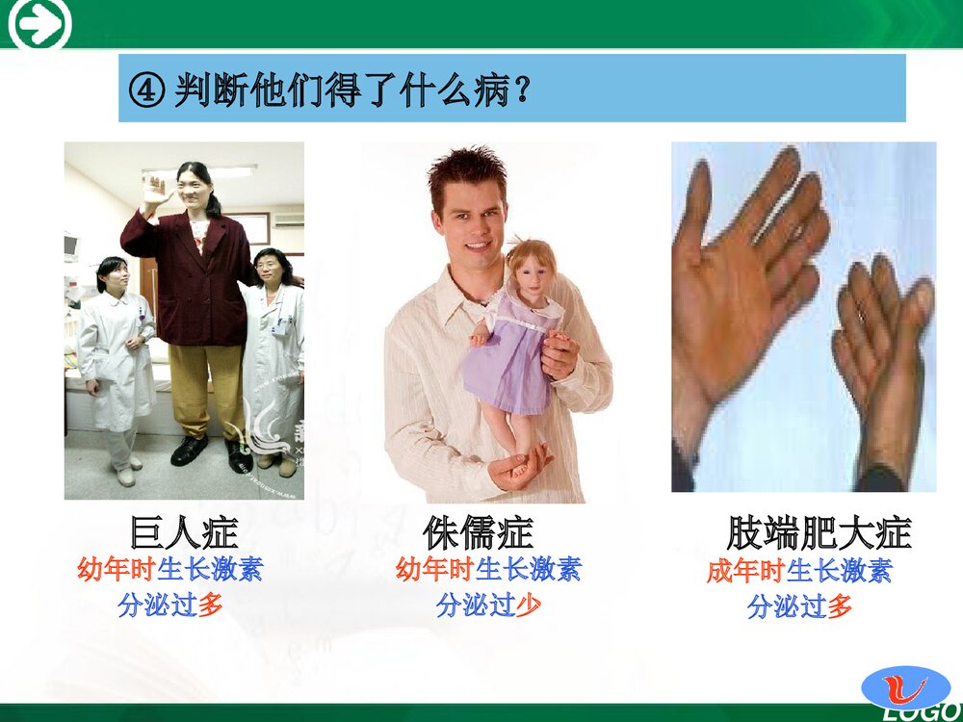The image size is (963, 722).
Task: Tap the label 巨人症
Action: (183, 532)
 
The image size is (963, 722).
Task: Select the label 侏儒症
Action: (478, 532)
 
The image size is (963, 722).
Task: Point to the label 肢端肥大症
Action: (818, 532)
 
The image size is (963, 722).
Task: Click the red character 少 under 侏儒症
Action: (529, 606)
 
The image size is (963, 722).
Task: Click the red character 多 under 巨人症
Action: (211, 606)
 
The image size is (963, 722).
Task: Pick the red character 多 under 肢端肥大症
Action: (840, 606)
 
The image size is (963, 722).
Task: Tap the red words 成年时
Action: (745, 571)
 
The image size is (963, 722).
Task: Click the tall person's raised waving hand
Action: (153, 192)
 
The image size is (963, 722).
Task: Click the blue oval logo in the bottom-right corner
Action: (904, 685)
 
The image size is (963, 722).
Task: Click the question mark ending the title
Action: (522, 92)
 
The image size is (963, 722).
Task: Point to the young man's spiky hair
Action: (467, 169)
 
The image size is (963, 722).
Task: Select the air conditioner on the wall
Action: (288, 219)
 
